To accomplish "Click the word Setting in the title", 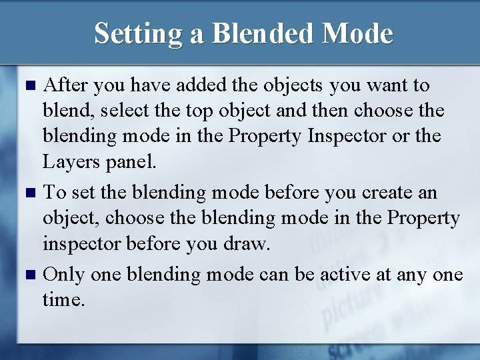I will (138, 33).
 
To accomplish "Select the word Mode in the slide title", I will (359, 33).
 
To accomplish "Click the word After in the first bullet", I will (65, 86).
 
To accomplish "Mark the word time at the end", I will (63, 301).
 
